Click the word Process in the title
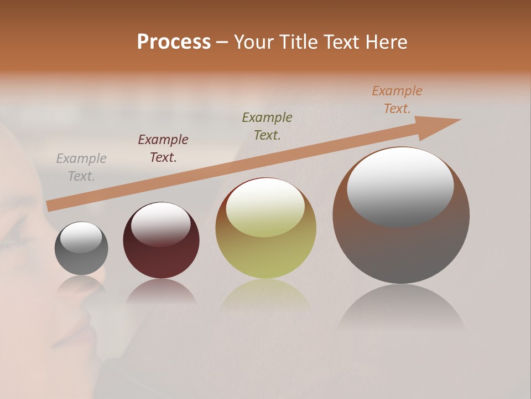(174, 42)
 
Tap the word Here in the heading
(387, 42)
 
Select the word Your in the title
(253, 42)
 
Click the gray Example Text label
(81, 167)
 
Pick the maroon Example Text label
(163, 149)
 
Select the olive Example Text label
(267, 126)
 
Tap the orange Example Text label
(397, 100)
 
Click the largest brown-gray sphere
(401, 249)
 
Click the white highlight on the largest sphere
(400, 186)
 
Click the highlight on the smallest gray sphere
(81, 237)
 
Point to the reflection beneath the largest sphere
(401, 308)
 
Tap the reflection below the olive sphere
(266, 296)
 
